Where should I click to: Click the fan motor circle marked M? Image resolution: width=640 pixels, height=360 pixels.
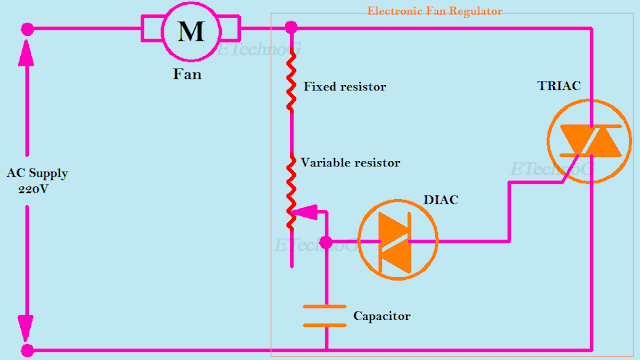coord(190,30)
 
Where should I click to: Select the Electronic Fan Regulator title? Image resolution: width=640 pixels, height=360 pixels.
coord(435,11)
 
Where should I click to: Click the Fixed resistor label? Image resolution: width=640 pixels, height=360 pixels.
coord(345,87)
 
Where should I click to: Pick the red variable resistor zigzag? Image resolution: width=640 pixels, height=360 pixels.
coord(292,190)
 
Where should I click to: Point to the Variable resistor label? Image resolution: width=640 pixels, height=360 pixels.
coord(351,162)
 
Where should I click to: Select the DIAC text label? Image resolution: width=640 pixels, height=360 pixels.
coord(440,199)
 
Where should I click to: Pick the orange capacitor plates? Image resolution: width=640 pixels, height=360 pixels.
coord(325,316)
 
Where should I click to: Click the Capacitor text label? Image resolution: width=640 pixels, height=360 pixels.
coord(382,316)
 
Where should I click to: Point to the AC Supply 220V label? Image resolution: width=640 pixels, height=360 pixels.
coord(37,180)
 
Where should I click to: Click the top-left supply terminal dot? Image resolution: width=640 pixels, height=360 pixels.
coord(27,30)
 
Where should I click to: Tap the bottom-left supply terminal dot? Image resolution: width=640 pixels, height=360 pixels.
coord(27,350)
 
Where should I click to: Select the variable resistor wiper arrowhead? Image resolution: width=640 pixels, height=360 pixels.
coord(306,212)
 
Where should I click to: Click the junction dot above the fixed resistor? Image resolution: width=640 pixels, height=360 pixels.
coord(292,27)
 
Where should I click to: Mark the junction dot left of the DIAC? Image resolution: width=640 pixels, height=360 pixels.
coord(325,241)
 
